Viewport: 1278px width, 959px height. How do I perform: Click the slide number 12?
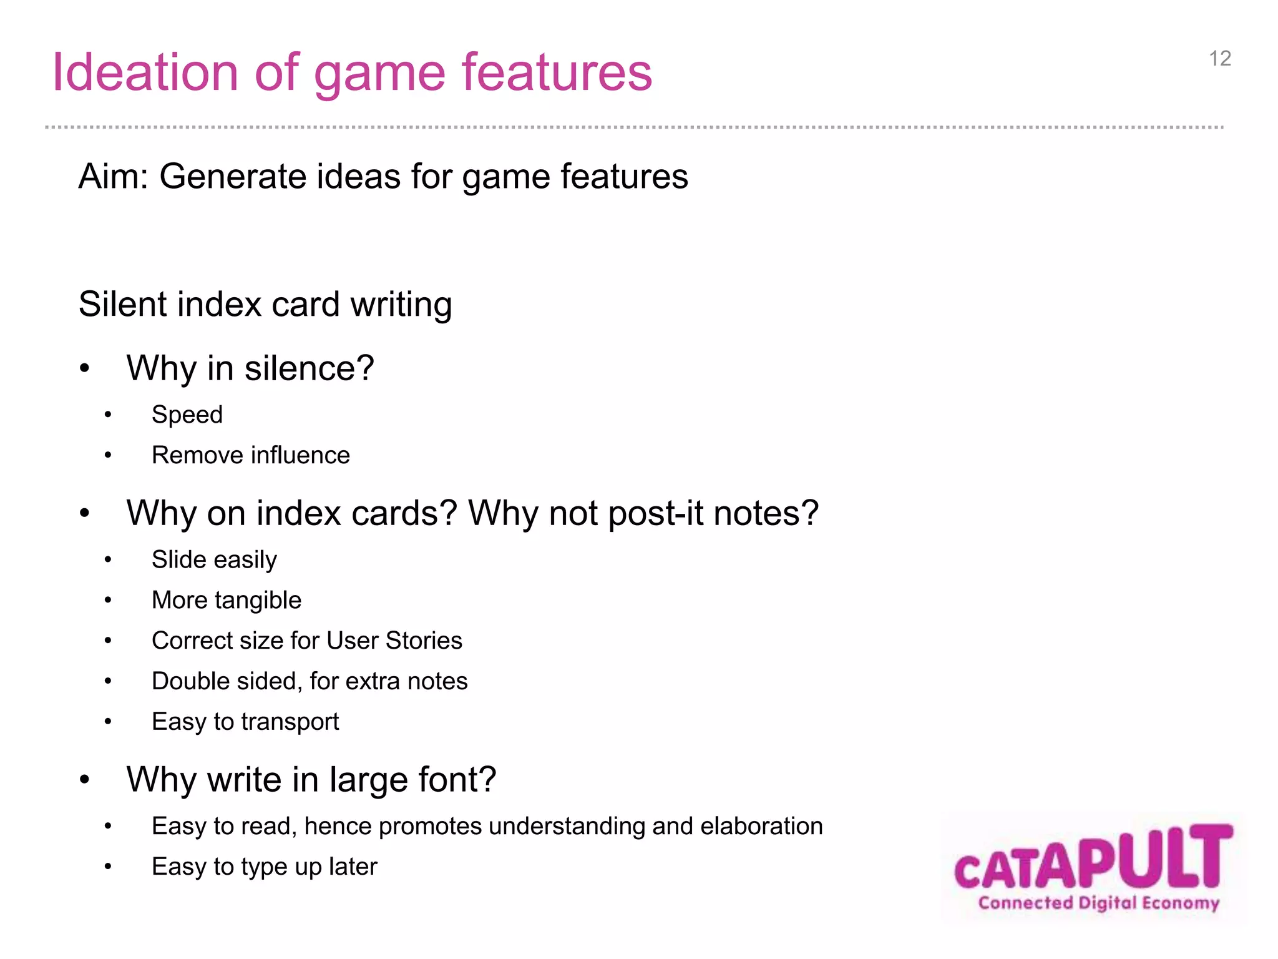pos(1219,59)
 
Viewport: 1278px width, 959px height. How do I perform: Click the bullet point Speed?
pos(187,415)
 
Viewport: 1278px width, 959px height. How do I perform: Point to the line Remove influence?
pos(250,456)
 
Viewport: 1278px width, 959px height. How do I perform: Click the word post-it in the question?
pos(656,514)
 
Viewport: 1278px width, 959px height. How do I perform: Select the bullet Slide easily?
pos(214,560)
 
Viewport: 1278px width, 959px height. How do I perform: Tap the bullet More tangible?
pos(227,601)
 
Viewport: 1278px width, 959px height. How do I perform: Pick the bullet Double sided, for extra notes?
pos(310,682)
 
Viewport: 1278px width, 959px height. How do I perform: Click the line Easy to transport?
pos(245,722)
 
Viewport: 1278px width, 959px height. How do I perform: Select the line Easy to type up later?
pos(265,867)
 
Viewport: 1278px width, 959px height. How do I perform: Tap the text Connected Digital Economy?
pos(1098,903)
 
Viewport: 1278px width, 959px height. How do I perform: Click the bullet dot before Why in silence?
pos(85,369)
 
